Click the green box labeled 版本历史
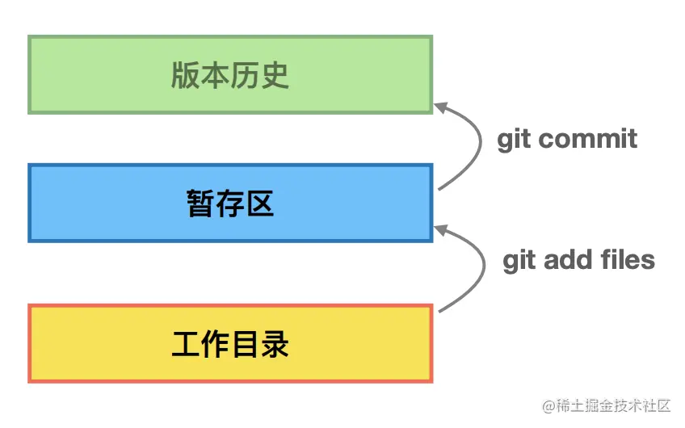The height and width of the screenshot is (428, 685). click(230, 74)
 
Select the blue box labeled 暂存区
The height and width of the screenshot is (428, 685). click(230, 203)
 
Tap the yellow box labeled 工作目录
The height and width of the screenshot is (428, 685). click(230, 344)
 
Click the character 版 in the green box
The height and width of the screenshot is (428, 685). click(185, 75)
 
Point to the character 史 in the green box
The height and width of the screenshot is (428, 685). click(275, 75)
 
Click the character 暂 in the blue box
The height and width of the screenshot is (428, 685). click(200, 204)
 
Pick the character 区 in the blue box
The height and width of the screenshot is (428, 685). click(260, 204)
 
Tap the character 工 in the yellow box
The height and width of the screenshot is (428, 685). click(186, 344)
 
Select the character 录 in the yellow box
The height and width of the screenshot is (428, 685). click(275, 344)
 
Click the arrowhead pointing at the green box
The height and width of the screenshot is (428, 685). click(441, 107)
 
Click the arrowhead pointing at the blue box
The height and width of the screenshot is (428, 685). click(441, 230)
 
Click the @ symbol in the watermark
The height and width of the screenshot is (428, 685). click(548, 407)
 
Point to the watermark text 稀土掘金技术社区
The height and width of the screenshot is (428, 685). click(613, 406)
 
